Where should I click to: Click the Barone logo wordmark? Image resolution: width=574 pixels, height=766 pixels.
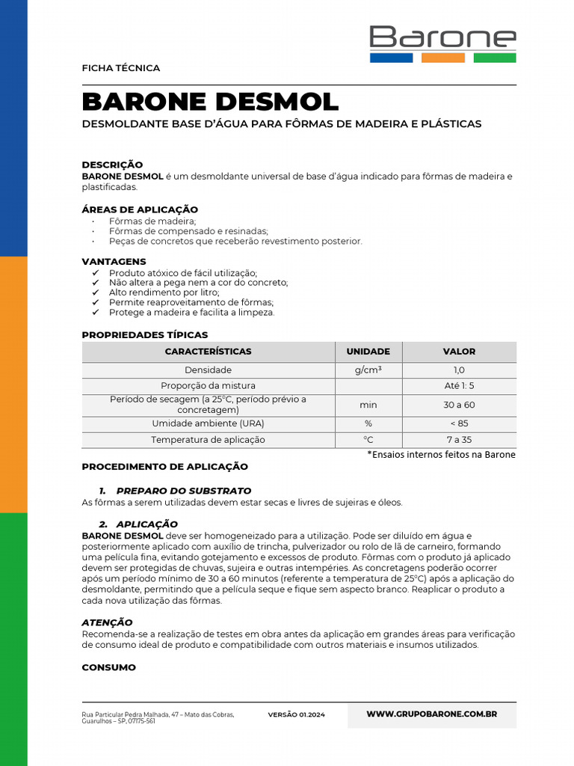(442, 37)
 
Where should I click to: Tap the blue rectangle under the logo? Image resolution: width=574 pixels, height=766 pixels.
(391, 58)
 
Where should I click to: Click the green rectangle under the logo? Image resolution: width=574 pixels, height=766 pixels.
(494, 58)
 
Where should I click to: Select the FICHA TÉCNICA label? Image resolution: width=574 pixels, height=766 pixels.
(120, 68)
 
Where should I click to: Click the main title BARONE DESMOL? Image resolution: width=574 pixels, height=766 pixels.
(210, 102)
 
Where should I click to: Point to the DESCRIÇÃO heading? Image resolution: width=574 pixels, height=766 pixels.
(112, 165)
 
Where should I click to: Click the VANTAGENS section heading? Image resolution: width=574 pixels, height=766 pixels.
(114, 262)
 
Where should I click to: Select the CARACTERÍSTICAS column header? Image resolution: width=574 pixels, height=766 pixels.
(208, 352)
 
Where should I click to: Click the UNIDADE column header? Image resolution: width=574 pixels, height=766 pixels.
(368, 352)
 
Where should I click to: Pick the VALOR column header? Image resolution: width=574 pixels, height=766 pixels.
(459, 352)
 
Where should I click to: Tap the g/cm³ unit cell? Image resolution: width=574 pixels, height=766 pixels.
(368, 370)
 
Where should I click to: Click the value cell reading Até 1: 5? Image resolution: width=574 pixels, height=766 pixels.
(459, 386)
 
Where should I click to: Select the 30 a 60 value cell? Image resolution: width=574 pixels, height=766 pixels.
(459, 405)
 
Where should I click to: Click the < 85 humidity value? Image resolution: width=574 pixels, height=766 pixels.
(459, 423)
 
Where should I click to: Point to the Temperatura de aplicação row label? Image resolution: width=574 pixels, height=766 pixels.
(208, 440)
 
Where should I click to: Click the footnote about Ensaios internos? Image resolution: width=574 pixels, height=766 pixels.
(441, 455)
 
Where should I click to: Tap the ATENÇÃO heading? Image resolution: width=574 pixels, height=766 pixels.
(107, 622)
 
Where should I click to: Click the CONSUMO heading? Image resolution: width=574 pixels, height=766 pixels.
(108, 667)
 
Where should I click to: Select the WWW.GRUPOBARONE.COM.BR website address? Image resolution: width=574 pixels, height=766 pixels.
(431, 714)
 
